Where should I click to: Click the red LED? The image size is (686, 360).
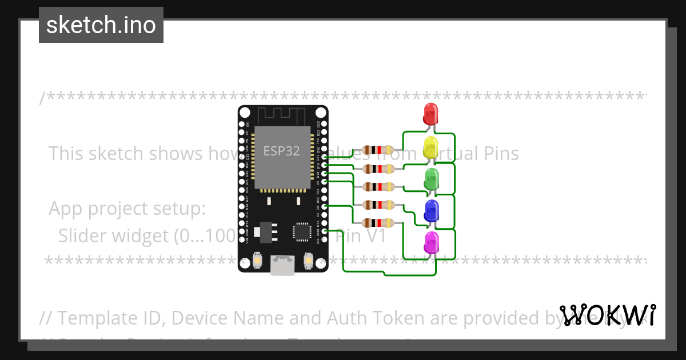pyautogui.click(x=430, y=113)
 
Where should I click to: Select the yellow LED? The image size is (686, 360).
pyautogui.click(x=430, y=146)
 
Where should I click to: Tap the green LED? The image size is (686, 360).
pyautogui.click(x=431, y=178)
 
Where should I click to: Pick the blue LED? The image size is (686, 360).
pyautogui.click(x=430, y=210)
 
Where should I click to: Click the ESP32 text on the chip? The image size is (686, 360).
pyautogui.click(x=281, y=151)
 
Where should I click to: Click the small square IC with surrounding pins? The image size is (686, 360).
pyautogui.click(x=301, y=231)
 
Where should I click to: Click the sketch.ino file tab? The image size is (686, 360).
pyautogui.click(x=101, y=25)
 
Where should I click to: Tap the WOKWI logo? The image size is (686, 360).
pyautogui.click(x=607, y=315)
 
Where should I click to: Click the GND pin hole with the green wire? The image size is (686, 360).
pyautogui.click(x=324, y=231)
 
